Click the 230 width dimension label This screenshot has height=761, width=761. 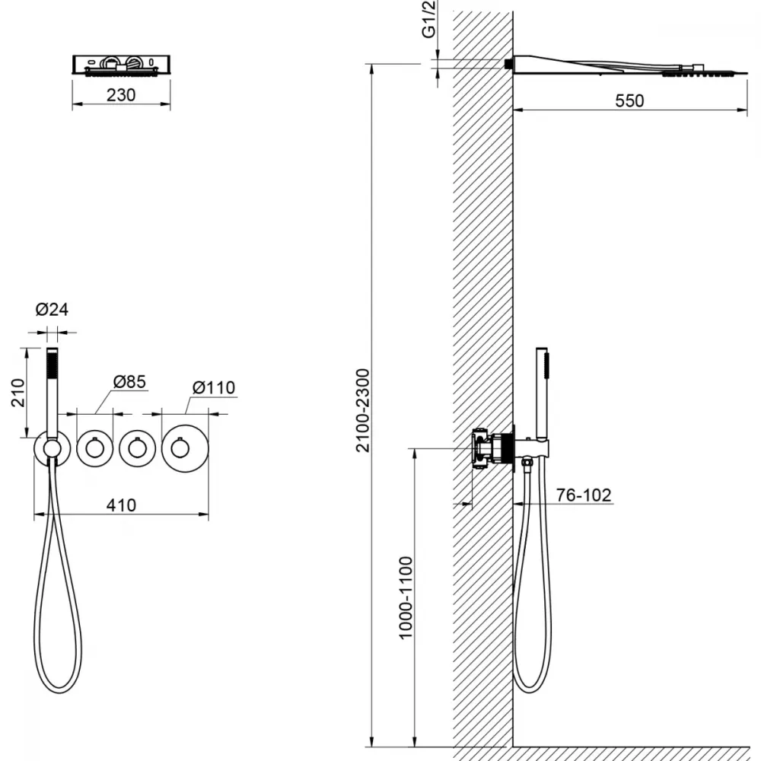click(x=121, y=94)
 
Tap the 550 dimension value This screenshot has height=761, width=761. click(x=629, y=100)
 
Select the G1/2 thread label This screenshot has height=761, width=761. click(x=429, y=19)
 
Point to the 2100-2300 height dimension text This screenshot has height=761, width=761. click(x=362, y=411)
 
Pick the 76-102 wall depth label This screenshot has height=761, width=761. click(x=584, y=495)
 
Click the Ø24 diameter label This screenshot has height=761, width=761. click(x=52, y=309)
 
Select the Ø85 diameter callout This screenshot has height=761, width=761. click(x=129, y=381)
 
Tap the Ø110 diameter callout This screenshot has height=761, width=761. click(x=214, y=387)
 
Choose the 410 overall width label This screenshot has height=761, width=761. click(x=121, y=505)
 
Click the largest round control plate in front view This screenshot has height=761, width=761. click(x=185, y=448)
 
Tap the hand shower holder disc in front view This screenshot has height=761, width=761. click(x=52, y=448)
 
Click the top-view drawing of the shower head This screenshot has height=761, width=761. click(x=121, y=65)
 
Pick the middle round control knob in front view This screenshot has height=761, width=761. click(x=137, y=448)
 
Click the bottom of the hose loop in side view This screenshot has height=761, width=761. click(x=531, y=690)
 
